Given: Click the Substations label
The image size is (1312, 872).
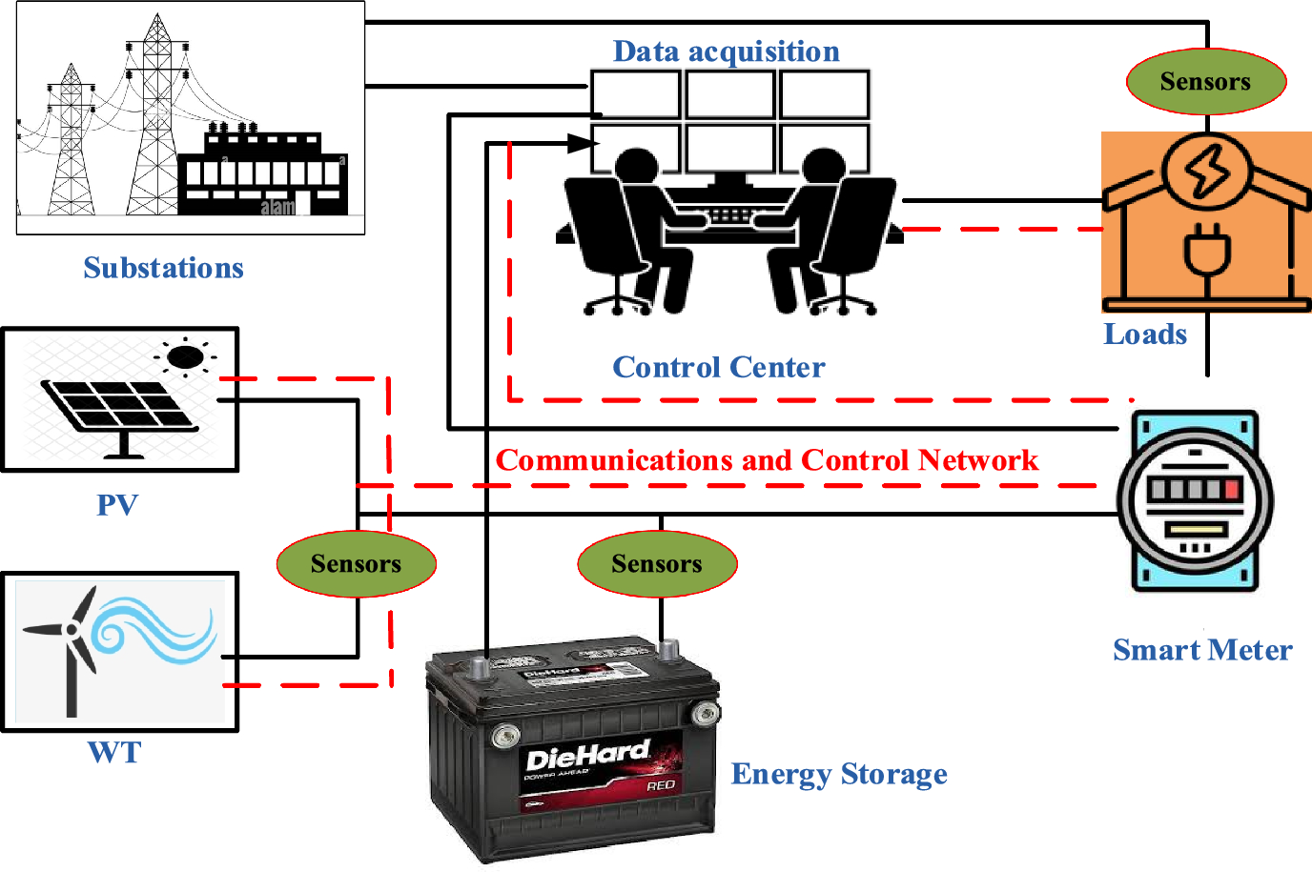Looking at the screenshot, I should point(163,268).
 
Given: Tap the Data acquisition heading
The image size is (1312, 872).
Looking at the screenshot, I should point(726,51).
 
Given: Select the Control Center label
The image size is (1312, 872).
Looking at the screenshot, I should point(718,367).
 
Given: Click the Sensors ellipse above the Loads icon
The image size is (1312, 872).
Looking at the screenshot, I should point(1206,82).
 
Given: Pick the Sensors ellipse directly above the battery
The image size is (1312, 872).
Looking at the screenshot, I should point(657,564).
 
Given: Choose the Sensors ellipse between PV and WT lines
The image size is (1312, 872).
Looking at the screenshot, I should point(356,564).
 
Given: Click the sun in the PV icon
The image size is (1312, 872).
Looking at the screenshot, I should point(185,357).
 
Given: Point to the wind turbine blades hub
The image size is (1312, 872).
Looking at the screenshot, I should point(71,629).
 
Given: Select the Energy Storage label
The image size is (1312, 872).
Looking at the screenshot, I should point(839,774).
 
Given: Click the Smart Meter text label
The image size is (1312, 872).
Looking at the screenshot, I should point(1202,650).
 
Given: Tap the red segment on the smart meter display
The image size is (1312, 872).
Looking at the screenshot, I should point(1233,490).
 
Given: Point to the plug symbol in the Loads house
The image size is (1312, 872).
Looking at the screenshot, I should point(1207,253).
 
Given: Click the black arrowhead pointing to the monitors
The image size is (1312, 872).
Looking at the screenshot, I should point(582,144).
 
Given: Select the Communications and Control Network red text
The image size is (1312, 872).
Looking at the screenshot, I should point(767,460).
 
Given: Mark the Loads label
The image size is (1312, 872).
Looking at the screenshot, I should point(1145,335).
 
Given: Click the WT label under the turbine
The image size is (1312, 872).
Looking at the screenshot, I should point(114,753).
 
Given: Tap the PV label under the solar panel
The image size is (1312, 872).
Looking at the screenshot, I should point(117,505).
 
